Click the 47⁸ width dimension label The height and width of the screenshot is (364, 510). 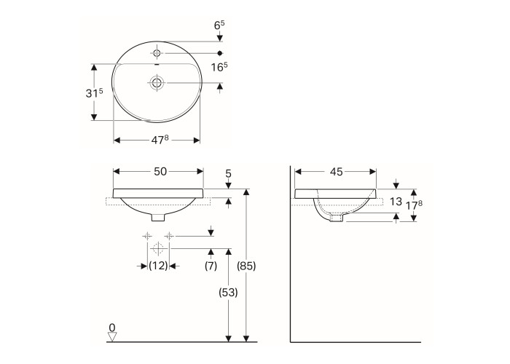[160, 140]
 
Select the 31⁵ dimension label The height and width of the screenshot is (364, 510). [94, 93]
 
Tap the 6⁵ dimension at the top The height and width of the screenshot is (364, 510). [219, 25]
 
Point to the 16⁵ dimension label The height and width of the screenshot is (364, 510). [219, 67]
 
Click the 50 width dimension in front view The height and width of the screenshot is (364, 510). [160, 172]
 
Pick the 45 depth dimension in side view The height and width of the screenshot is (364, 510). [337, 172]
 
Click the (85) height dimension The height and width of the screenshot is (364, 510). [246, 266]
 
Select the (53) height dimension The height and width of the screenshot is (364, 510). [228, 293]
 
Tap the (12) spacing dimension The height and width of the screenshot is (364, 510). [158, 266]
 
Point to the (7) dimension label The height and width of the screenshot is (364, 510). [211, 266]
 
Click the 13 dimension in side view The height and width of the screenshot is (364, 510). [396, 202]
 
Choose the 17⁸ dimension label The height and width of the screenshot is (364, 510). [414, 205]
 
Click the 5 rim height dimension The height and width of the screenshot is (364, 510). [228, 173]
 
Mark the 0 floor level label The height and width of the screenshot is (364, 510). [112, 328]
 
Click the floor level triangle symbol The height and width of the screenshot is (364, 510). [112, 337]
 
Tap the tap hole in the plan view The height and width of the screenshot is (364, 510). [157, 53]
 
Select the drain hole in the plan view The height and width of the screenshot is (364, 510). [157, 82]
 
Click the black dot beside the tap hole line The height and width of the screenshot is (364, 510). [219, 53]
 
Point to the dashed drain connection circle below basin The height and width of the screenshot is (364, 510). [158, 249]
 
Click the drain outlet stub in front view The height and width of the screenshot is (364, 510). [158, 218]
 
